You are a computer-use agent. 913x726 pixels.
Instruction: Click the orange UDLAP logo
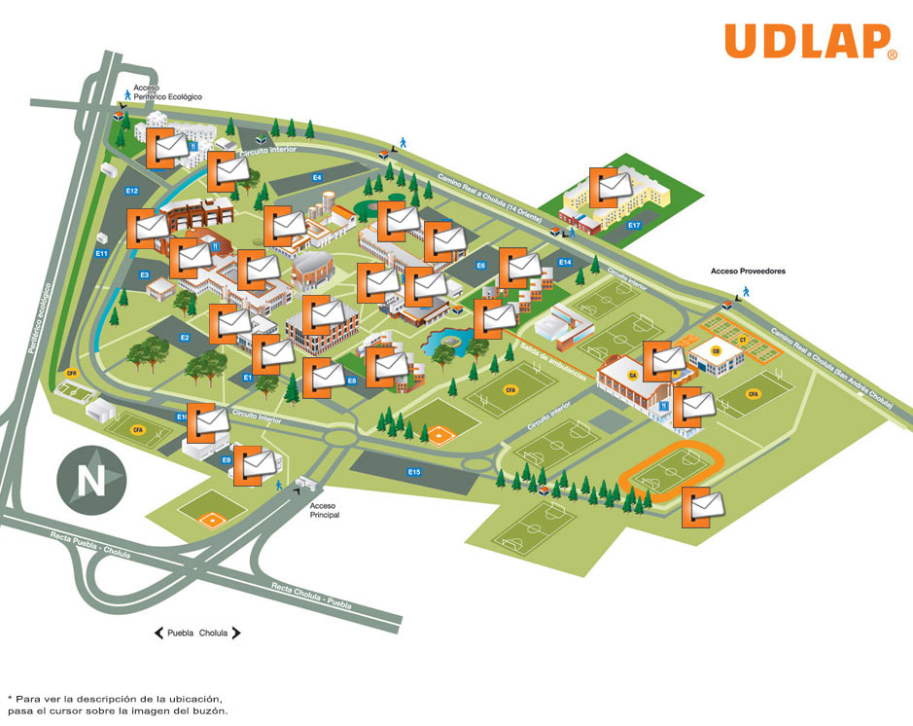pos(810,42)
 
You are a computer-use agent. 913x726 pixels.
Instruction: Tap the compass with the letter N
pos(90,479)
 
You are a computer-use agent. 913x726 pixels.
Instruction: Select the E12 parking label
pos(132,191)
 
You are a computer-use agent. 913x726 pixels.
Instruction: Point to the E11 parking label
pos(101,254)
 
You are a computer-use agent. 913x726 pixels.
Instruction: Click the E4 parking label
pos(316,177)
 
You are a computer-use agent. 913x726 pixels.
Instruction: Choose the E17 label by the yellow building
pos(634,226)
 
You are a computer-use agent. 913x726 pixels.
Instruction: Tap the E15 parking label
pos(414,472)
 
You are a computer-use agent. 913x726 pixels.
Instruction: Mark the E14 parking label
pos(565,263)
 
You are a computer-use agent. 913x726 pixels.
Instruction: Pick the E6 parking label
pos(480,266)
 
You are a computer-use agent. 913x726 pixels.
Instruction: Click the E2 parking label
pos(184,338)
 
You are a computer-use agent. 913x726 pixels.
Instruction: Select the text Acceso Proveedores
pos(748,272)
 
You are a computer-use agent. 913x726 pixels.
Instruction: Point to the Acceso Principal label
pos(324,510)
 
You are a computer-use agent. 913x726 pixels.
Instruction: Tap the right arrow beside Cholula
pos(235,633)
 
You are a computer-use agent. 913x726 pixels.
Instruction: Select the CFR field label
pos(71,373)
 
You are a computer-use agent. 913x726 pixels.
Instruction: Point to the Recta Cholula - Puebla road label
pos(311,594)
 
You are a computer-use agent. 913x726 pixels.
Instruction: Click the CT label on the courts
pos(742,340)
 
